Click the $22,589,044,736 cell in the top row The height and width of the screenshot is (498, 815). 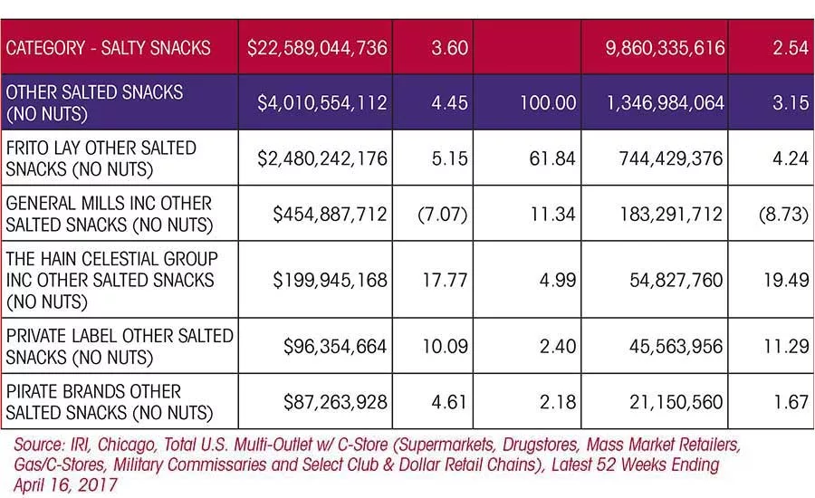pos(317,48)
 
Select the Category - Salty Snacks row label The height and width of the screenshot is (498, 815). pos(108,48)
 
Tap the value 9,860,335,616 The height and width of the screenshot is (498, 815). pos(665,48)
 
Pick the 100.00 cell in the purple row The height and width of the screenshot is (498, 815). pos(549,102)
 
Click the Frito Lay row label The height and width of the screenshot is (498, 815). pos(101,158)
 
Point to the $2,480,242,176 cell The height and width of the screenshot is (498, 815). pos(322,158)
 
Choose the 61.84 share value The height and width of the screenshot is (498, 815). pos(552,158)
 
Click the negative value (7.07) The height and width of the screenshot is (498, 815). pos(443,215)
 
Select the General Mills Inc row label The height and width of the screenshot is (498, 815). pos(110,214)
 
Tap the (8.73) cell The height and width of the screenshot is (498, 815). pos(783,215)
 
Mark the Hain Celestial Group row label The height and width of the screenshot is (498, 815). pos(111,280)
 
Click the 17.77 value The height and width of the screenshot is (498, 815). pos(446,280)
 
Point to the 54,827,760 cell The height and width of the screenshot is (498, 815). pos(676,281)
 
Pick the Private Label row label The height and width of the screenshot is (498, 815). pos(120,346)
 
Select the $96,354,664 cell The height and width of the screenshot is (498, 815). pos(335,346)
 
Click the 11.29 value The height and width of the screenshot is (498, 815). pos(786,346)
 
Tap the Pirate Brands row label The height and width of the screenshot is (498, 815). pos(110,402)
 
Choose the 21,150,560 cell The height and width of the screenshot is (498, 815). pos(676,402)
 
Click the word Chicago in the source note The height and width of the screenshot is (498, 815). pos(126,445)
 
